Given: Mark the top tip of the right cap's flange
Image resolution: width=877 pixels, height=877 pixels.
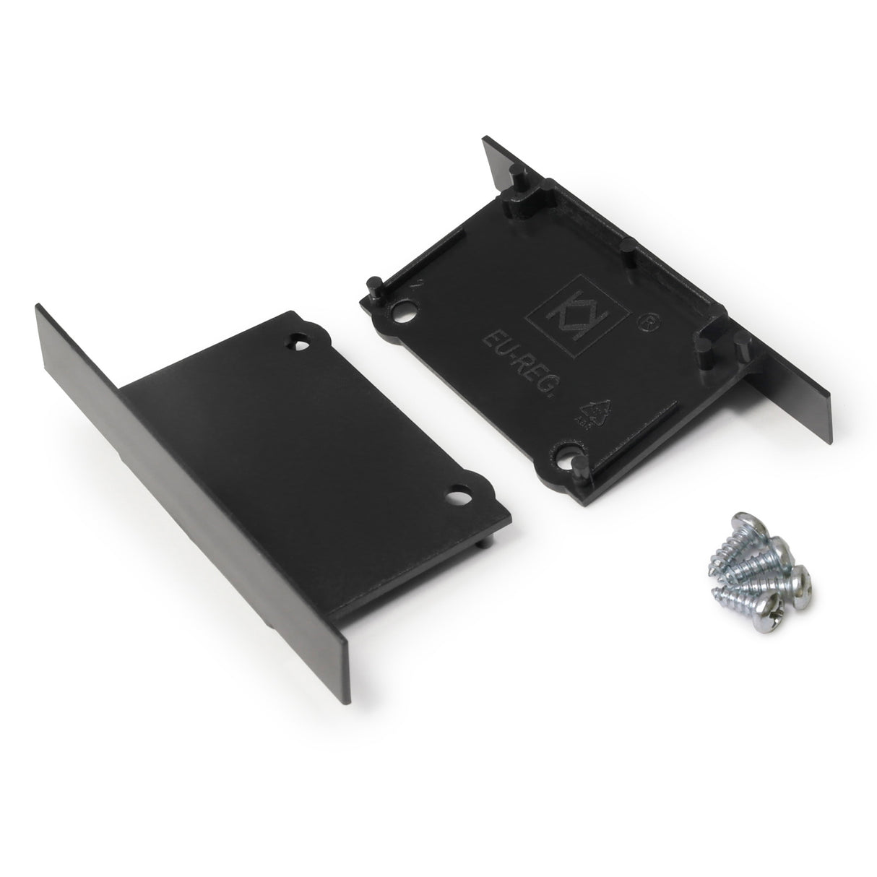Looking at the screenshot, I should click(485, 139).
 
